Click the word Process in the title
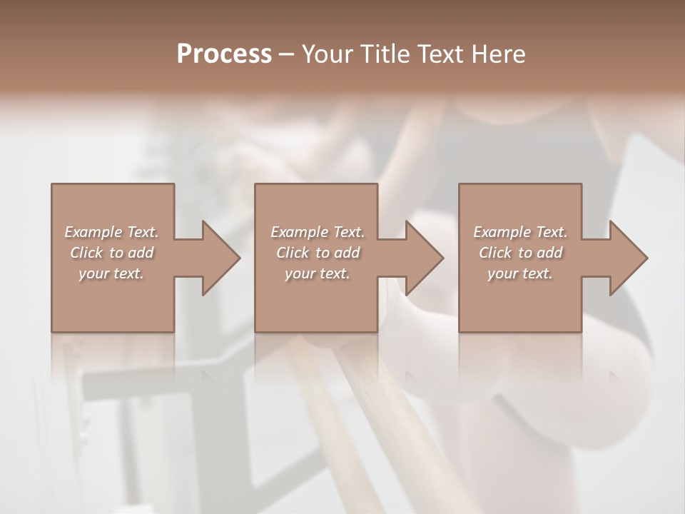pyautogui.click(x=224, y=54)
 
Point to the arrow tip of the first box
pyautogui.click(x=238, y=258)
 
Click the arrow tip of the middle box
pyautogui.click(x=442, y=258)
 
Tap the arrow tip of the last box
pyautogui.click(x=646, y=258)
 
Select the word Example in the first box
pyautogui.click(x=93, y=232)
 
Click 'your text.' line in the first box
pyautogui.click(x=111, y=273)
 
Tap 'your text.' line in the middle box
pyautogui.click(x=317, y=273)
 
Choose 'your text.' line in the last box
pyautogui.click(x=520, y=273)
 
